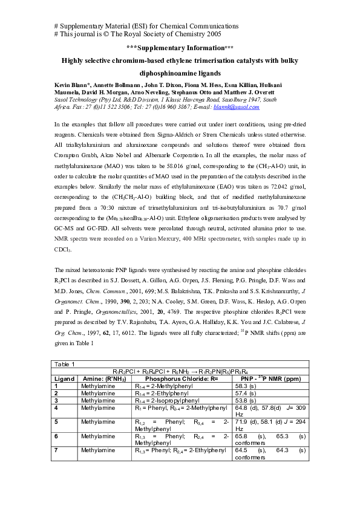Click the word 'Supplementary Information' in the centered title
tap(180, 48)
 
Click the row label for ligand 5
tap(57, 421)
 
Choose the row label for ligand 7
tap(57, 450)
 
